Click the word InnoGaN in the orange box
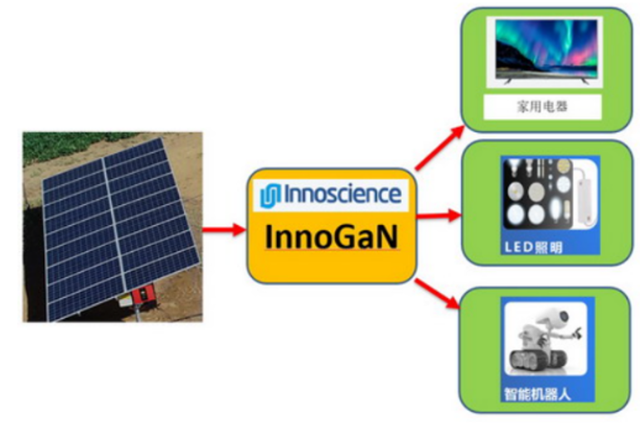pos(332,237)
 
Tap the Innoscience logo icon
pos(270,196)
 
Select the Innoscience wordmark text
pos(342,194)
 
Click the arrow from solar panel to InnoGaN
pos(224,229)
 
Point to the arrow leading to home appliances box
pos(439,148)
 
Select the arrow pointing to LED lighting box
pos(439,215)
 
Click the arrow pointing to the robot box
pos(437,294)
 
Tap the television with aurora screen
pos(545,51)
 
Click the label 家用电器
pos(542,107)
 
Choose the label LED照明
pos(533,247)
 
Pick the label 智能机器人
pos(537,394)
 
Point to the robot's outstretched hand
pos(576,332)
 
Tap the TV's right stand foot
pos(585,81)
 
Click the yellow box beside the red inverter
pos(125,301)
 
